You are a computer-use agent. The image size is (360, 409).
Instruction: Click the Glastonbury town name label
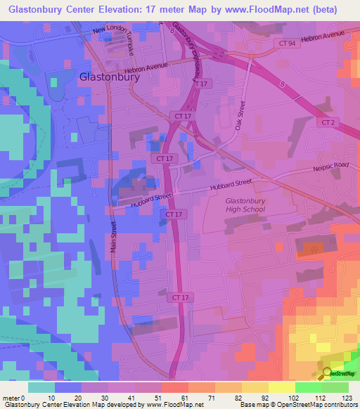[x=110, y=77]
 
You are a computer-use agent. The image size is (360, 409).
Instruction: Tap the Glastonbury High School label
[x=245, y=205]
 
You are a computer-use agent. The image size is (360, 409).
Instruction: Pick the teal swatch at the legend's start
[x=41, y=387]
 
